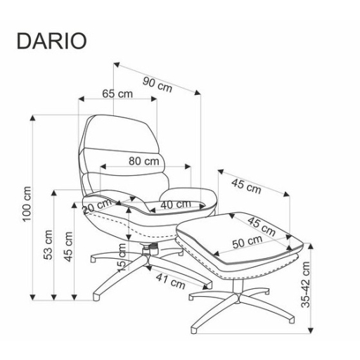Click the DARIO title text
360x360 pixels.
[51, 41]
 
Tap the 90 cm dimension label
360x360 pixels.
[157, 84]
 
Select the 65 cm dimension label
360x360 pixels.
[117, 94]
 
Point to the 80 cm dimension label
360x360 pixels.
[144, 161]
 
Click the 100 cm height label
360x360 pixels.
[27, 204]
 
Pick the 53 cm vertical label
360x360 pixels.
[49, 245]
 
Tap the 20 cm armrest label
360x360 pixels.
[97, 205]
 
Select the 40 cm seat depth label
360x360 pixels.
[176, 205]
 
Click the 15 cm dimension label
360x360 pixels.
[122, 257]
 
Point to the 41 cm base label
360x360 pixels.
[171, 281]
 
